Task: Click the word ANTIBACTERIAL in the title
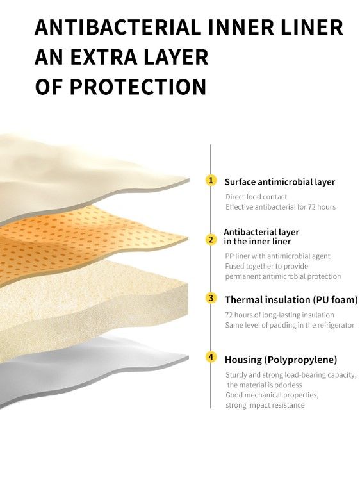click(118, 27)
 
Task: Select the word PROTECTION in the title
click(138, 87)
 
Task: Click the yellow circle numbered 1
click(211, 180)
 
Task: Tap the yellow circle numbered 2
click(211, 240)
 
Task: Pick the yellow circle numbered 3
click(211, 298)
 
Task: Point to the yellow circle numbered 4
click(211, 357)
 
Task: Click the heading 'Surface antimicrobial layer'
click(280, 182)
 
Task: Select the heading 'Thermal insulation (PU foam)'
click(291, 300)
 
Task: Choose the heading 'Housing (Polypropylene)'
click(281, 360)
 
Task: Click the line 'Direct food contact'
click(256, 197)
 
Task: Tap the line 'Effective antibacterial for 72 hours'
click(281, 206)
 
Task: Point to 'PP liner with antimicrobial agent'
click(277, 256)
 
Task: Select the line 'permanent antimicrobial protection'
click(283, 276)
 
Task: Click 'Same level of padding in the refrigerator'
click(290, 325)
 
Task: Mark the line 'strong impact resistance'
click(265, 405)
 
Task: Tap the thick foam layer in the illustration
click(91, 301)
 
